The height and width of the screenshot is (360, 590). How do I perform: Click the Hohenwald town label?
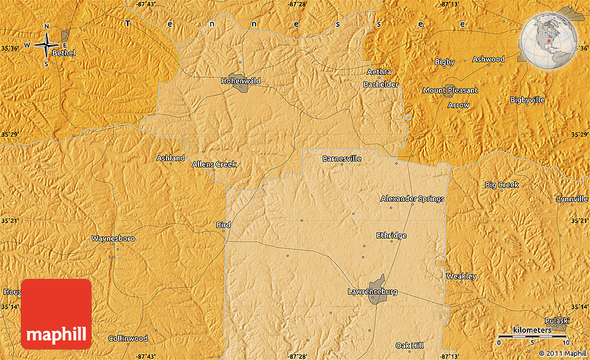pyautogui.click(x=241, y=81)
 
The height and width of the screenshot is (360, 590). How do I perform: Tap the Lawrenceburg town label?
pyautogui.click(x=372, y=292)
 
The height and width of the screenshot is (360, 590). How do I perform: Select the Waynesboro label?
pyautogui.click(x=113, y=239)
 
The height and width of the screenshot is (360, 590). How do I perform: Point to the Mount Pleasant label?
pyautogui.click(x=450, y=91)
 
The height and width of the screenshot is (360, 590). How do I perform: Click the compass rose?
pyautogui.click(x=47, y=44)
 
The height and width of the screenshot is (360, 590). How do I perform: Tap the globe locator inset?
pyautogui.click(x=548, y=39)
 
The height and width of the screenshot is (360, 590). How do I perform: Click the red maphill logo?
pyautogui.click(x=56, y=314)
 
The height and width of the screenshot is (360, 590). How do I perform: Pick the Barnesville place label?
pyautogui.click(x=342, y=159)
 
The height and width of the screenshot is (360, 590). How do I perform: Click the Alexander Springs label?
pyautogui.click(x=412, y=199)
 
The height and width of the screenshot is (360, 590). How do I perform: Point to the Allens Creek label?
pyautogui.click(x=214, y=164)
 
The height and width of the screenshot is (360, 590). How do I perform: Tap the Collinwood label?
pyautogui.click(x=128, y=338)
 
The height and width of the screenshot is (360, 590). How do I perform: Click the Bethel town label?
pyautogui.click(x=63, y=53)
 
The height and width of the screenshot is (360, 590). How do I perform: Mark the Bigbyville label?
pyautogui.click(x=527, y=100)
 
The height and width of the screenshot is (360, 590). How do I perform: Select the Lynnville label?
pyautogui.click(x=572, y=199)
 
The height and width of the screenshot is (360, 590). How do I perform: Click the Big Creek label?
pyautogui.click(x=501, y=185)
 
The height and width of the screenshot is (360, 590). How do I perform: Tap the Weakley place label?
pyautogui.click(x=461, y=276)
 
